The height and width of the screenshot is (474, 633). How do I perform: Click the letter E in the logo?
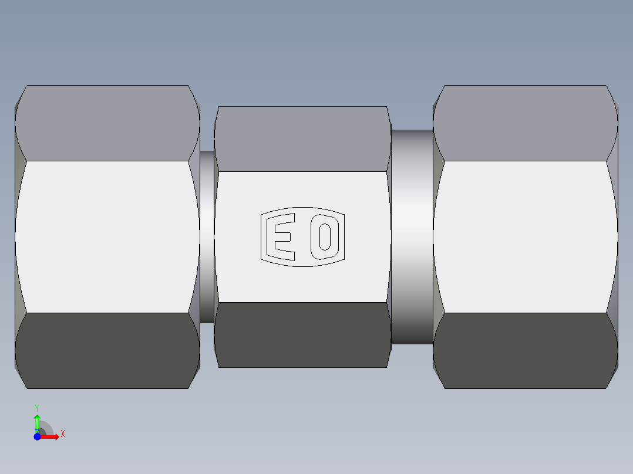click(283, 236)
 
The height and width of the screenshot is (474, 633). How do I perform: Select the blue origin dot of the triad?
click(37, 436)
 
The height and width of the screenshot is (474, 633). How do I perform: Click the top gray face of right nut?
click(525, 123)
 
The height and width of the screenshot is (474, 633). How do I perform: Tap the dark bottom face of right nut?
click(525, 350)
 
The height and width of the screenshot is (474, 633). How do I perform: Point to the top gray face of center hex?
click(302, 139)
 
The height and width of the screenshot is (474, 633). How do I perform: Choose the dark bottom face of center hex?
click(302, 334)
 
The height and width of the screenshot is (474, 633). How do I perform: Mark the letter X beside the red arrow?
click(63, 434)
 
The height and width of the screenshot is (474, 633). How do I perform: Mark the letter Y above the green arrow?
click(37, 407)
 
